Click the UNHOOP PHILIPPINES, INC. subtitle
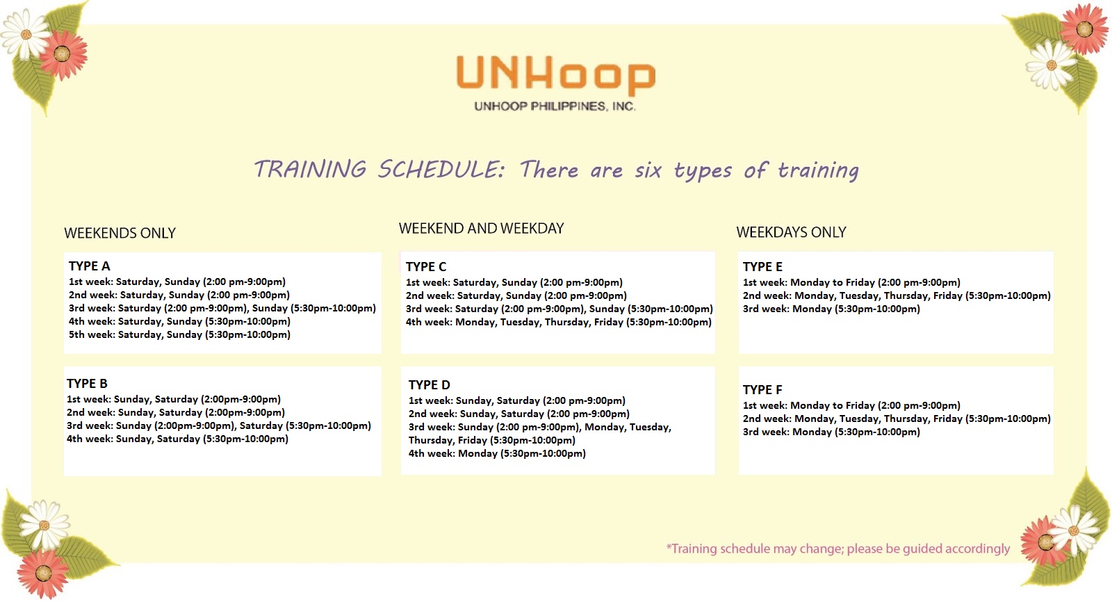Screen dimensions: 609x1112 click(x=555, y=106)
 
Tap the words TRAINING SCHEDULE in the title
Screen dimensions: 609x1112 click(x=379, y=170)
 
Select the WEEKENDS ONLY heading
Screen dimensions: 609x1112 click(x=120, y=233)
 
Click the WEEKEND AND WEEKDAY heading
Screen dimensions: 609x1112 click(x=481, y=228)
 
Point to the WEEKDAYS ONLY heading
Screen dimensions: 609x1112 click(x=791, y=232)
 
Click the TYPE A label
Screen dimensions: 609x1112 click(x=89, y=266)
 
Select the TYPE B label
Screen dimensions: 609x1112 click(x=87, y=383)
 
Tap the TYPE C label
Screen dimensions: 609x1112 click(x=426, y=266)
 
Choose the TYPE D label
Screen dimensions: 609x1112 click(x=429, y=384)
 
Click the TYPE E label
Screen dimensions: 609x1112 click(x=762, y=266)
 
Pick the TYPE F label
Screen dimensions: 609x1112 click(x=762, y=389)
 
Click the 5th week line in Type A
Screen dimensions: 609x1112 click(x=179, y=334)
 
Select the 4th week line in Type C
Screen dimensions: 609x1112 click(x=558, y=322)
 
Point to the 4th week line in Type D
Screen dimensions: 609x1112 click(x=497, y=453)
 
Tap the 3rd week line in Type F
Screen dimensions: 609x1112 click(x=831, y=432)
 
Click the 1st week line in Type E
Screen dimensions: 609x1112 click(x=851, y=282)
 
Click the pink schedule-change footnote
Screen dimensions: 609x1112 click(x=837, y=549)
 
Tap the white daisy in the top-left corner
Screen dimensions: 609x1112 click(x=25, y=34)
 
